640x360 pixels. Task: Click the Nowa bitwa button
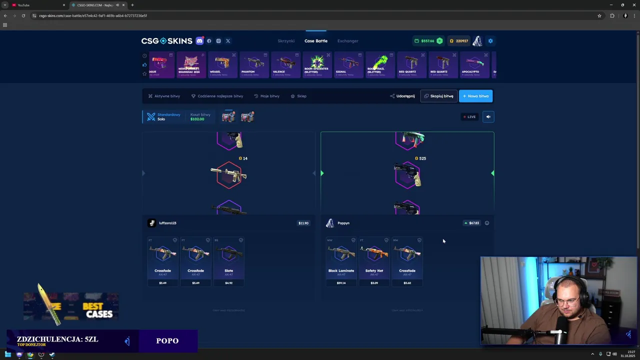pos(475,96)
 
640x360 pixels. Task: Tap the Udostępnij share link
pos(402,96)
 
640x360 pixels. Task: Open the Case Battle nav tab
pos(316,41)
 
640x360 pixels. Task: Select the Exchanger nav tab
pos(347,41)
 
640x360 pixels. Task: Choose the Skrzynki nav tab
pos(286,41)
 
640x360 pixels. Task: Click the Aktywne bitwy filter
pos(164,96)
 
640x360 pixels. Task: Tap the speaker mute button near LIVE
pos(488,117)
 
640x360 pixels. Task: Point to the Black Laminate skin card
pos(341,261)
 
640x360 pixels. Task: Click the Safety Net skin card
pos(374,261)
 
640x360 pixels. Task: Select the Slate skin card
pos(228,261)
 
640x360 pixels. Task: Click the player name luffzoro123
pos(167,223)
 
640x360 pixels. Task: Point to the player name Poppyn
pos(343,223)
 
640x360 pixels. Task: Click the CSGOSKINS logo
pos(166,41)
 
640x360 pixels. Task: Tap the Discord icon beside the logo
pos(199,41)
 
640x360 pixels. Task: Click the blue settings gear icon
pos(490,41)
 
